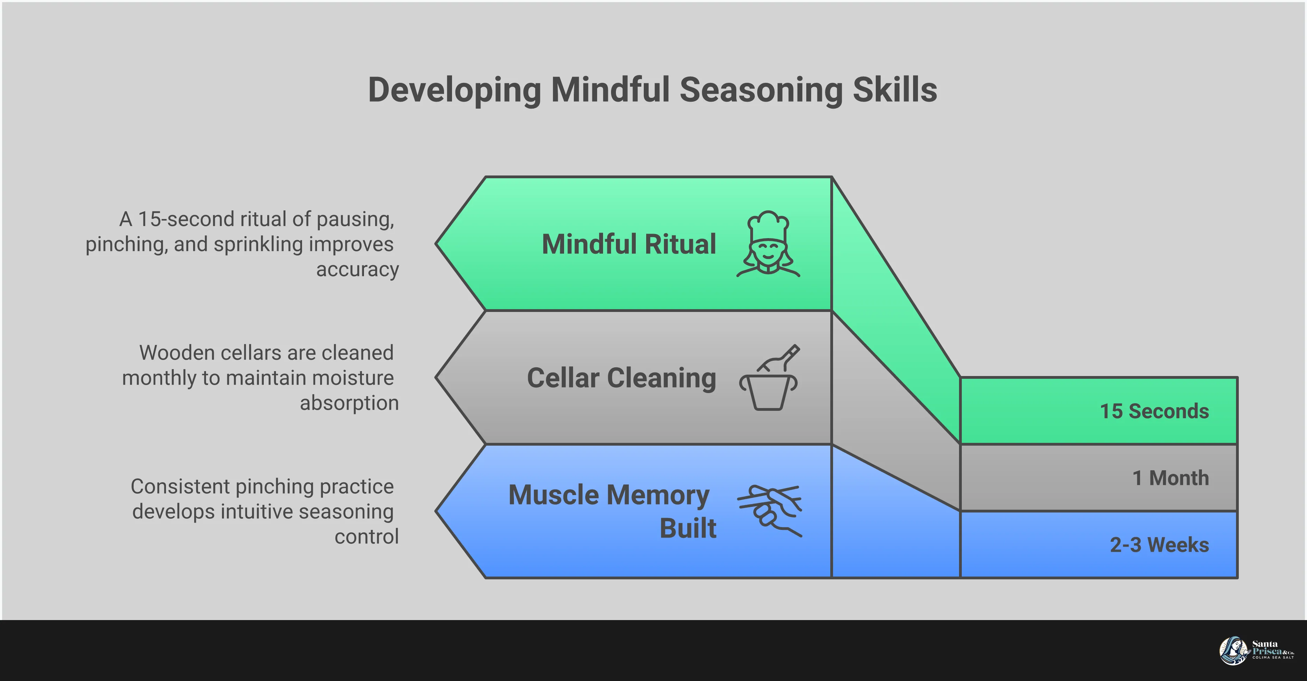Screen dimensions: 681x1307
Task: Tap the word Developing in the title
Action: click(454, 91)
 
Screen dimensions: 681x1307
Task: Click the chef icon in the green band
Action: click(768, 244)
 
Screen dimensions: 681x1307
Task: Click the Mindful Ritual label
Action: click(629, 244)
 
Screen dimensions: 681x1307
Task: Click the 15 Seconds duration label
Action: click(1154, 411)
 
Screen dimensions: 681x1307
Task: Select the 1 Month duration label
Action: click(1171, 478)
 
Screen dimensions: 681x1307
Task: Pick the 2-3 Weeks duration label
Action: click(1159, 545)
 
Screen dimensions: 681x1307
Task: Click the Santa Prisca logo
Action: click(1256, 650)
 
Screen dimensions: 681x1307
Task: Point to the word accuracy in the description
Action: click(358, 269)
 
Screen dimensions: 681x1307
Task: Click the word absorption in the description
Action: click(349, 403)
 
